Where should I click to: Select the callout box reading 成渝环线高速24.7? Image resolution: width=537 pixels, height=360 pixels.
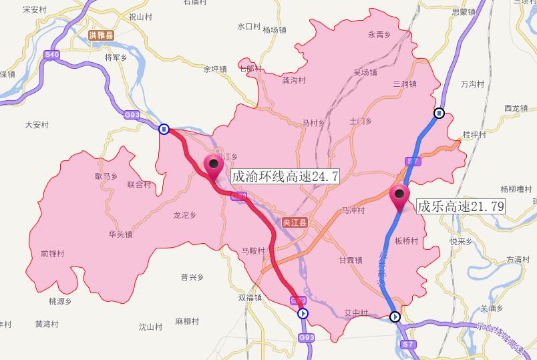point(285,176)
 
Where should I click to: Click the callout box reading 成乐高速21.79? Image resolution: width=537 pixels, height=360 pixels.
point(460,206)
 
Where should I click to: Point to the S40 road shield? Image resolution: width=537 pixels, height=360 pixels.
point(51,54)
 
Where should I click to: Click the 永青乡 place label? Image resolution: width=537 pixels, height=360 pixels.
point(379,35)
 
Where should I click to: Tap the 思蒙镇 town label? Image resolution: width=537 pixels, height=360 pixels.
point(463,12)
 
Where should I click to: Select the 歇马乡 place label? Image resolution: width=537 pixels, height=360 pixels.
point(106,176)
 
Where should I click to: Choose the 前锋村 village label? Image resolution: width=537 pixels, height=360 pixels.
point(52,254)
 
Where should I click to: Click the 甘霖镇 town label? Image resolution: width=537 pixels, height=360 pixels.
point(350,260)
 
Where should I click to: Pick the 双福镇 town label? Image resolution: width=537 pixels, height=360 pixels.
point(250,298)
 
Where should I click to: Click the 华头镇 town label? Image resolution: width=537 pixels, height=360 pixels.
point(120,234)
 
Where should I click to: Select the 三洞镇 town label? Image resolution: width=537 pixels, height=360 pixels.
point(405,83)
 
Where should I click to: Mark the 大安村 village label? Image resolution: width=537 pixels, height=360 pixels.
point(37,124)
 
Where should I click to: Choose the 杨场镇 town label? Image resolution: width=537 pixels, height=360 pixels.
point(274,30)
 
